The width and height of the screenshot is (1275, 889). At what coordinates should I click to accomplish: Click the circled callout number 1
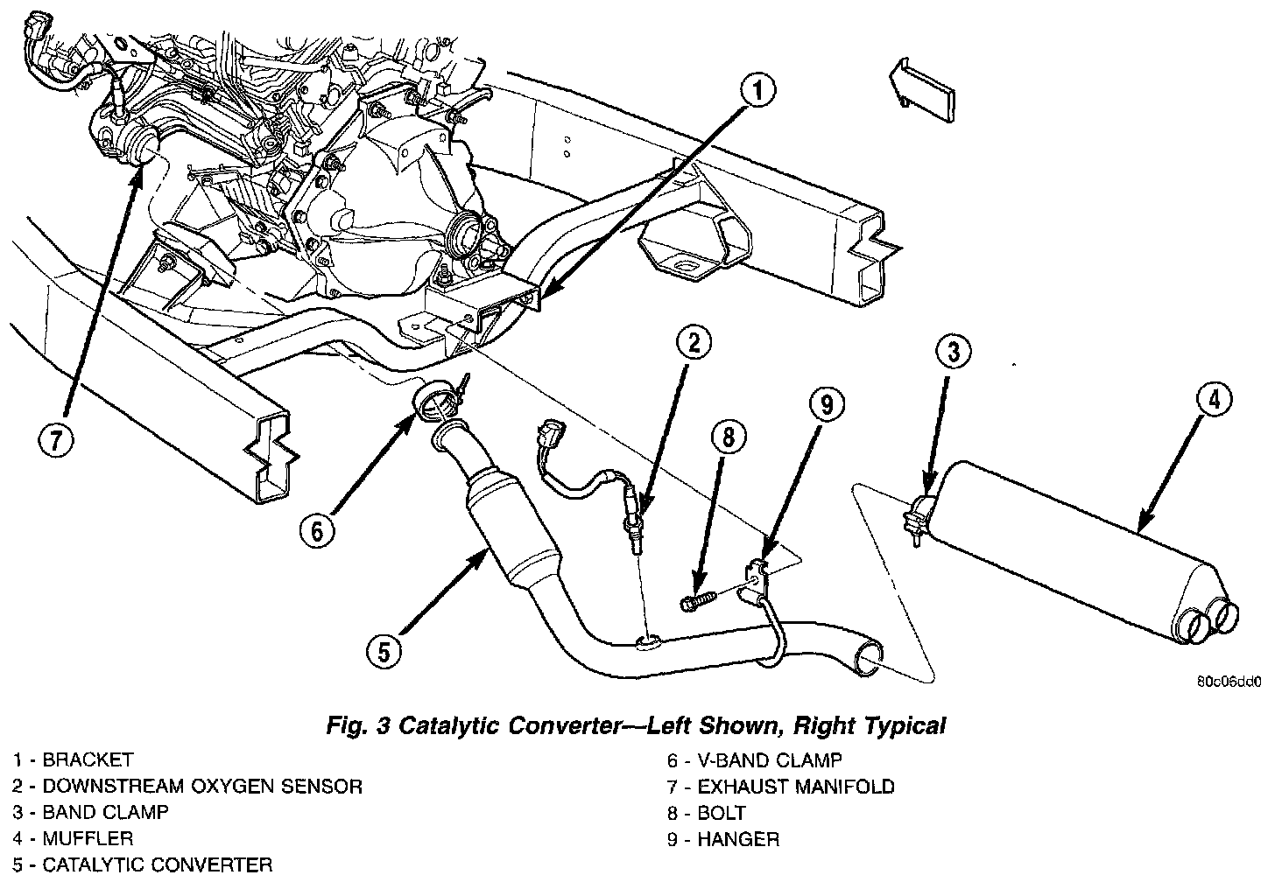pos(758,91)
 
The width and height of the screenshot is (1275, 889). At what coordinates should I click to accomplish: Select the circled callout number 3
pos(954,353)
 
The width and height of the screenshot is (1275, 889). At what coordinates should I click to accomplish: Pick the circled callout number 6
pos(317,529)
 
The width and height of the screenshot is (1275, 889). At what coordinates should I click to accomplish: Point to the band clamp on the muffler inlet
pos(922,515)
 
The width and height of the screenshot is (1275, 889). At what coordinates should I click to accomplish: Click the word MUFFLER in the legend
pos(88,838)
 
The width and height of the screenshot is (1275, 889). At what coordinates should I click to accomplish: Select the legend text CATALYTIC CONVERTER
pos(158,865)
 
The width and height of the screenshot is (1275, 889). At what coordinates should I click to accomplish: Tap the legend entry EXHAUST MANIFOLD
pos(796,787)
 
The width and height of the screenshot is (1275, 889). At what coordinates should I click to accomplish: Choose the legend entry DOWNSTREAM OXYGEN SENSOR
pos(202,787)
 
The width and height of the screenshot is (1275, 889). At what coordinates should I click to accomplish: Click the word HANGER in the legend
pos(738,839)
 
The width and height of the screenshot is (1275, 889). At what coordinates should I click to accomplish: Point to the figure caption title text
pos(636,725)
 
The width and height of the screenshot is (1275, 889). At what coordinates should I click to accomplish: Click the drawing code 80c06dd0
pos(1229,682)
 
